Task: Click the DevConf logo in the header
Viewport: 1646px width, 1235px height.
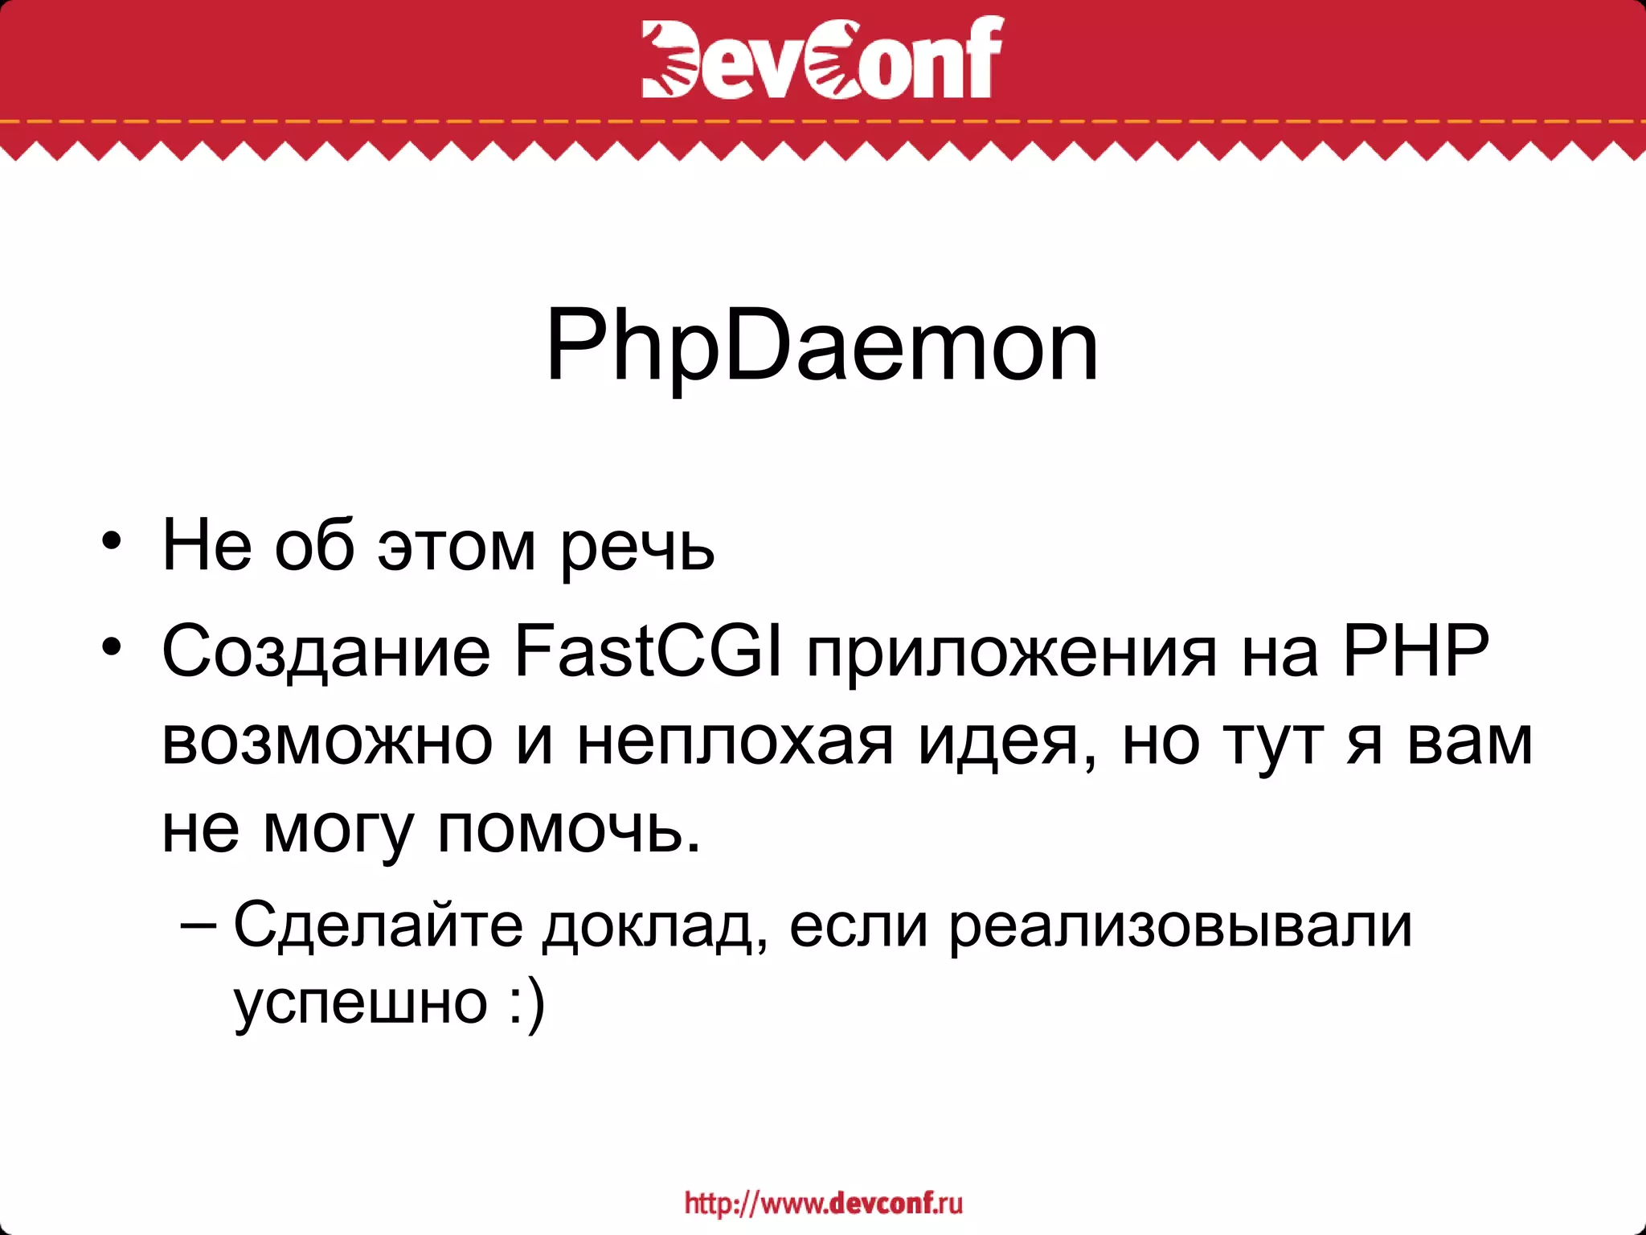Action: click(x=822, y=58)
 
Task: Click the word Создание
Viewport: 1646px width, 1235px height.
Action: click(x=326, y=651)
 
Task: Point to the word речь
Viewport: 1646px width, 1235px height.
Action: click(x=637, y=547)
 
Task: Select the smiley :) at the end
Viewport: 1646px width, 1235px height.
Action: click(x=527, y=1003)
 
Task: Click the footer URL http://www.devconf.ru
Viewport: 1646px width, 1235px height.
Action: click(x=823, y=1203)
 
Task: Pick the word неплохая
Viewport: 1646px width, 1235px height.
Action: click(x=735, y=741)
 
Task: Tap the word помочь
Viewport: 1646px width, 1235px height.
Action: click(x=569, y=830)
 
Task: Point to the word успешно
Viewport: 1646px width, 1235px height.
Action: click(x=361, y=1004)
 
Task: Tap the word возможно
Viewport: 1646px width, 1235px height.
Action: click(x=327, y=741)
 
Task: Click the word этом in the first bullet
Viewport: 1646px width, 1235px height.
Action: click(x=457, y=547)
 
